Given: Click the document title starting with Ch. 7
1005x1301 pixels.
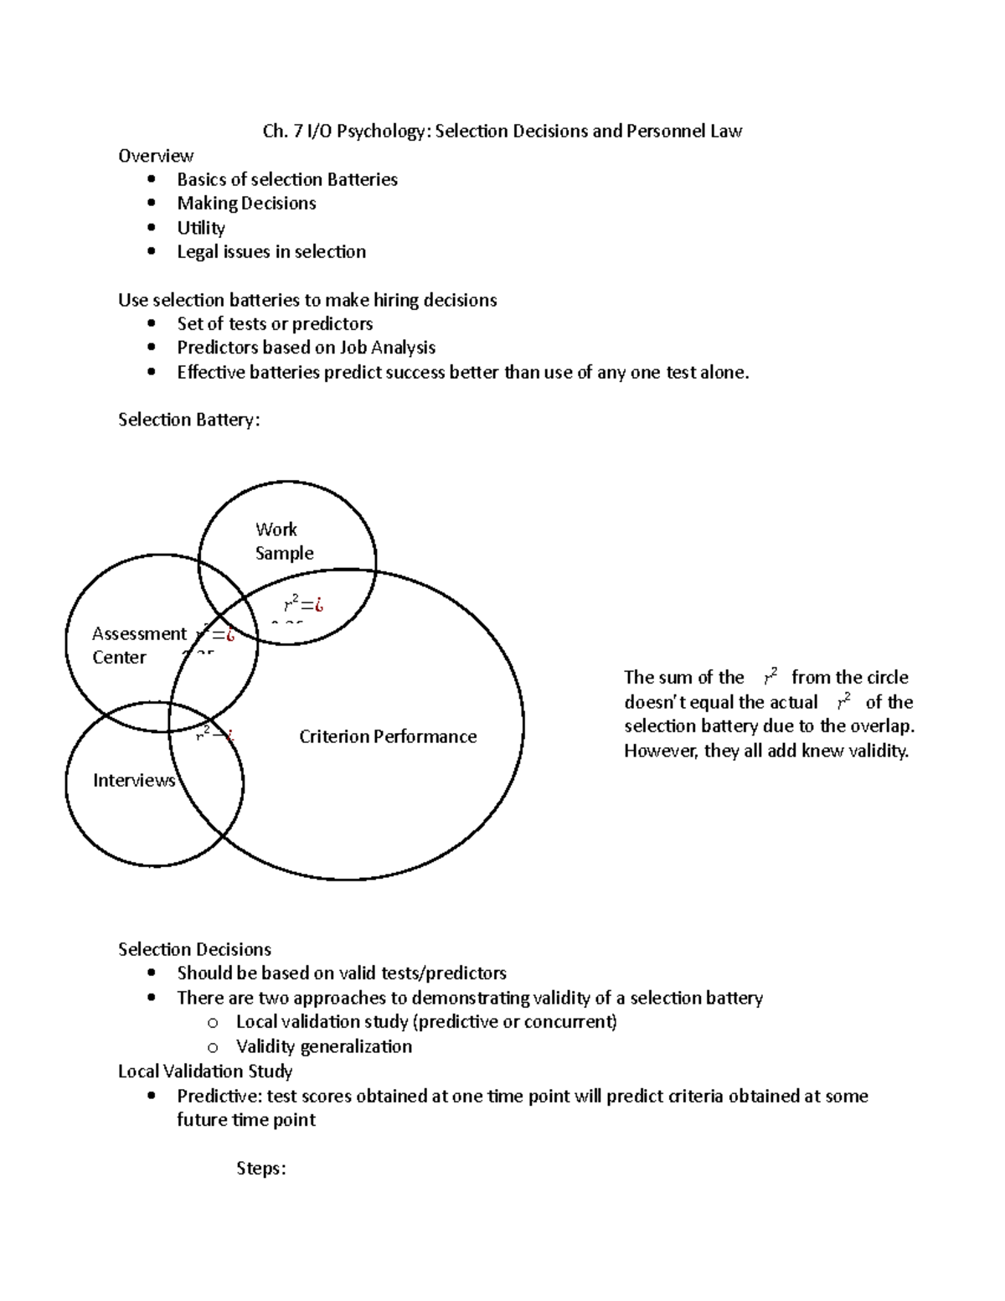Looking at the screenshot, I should pyautogui.click(x=502, y=132).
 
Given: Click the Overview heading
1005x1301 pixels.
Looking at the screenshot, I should pyautogui.click(x=156, y=156).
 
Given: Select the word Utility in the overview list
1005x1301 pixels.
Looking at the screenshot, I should pyautogui.click(x=201, y=228).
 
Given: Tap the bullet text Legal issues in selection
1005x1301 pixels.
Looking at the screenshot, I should pyautogui.click(x=271, y=252).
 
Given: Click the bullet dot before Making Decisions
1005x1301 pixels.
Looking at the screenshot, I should pyautogui.click(x=151, y=204).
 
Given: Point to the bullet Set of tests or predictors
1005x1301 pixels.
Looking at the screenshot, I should pyautogui.click(x=275, y=324).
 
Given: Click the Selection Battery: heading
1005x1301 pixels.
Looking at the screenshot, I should pyautogui.click(x=189, y=420).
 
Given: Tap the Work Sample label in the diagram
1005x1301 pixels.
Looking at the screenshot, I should pyautogui.click(x=284, y=541).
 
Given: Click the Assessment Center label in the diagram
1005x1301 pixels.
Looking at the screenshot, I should pyautogui.click(x=138, y=645).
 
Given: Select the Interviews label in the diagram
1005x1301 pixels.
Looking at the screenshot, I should pyautogui.click(x=134, y=781).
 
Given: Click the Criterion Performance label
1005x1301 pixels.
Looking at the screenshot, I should pyautogui.click(x=388, y=737).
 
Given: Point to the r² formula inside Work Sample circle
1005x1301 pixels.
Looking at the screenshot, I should pyautogui.click(x=303, y=604).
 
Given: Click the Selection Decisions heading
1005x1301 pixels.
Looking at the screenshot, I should pyautogui.click(x=194, y=949).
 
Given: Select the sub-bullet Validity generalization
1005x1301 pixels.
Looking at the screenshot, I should pyautogui.click(x=323, y=1046).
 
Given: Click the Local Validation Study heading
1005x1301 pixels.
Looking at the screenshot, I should pyautogui.click(x=205, y=1071).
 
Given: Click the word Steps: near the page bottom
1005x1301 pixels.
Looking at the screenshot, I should pyautogui.click(x=261, y=1169).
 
